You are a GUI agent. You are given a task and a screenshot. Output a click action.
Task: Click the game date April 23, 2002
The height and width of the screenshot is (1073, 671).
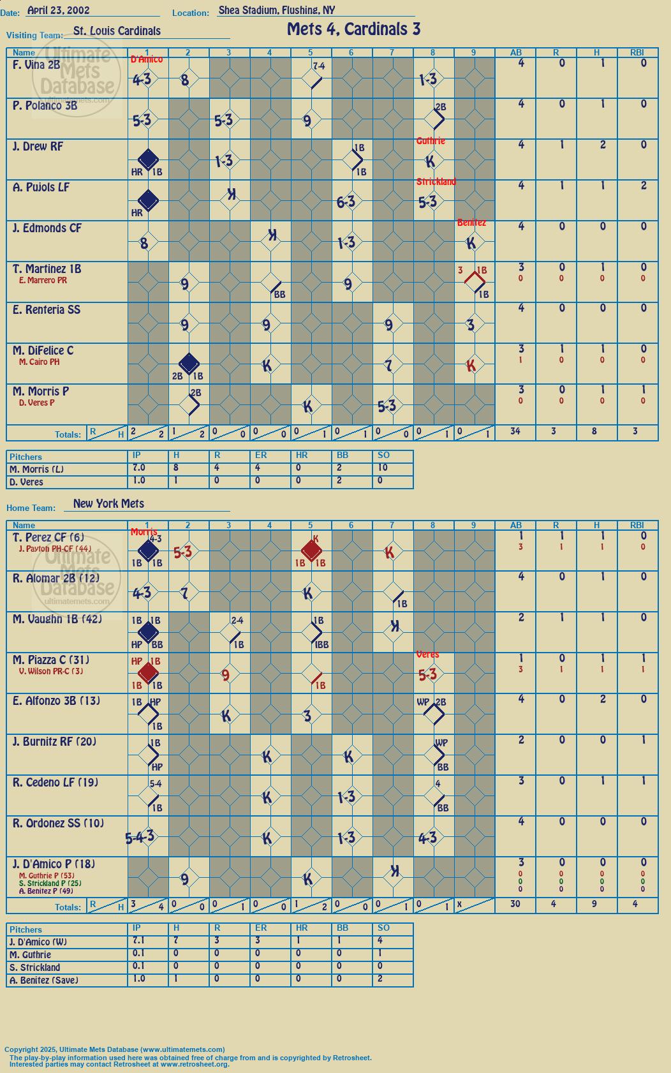click(x=58, y=10)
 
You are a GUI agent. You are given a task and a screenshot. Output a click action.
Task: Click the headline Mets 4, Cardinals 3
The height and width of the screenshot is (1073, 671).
click(x=353, y=29)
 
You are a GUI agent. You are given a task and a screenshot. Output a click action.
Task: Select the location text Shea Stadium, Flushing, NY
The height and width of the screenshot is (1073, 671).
click(x=277, y=10)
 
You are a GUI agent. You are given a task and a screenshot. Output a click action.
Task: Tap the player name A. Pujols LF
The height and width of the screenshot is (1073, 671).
click(x=41, y=188)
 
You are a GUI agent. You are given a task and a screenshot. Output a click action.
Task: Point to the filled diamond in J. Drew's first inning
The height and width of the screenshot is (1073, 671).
click(x=148, y=159)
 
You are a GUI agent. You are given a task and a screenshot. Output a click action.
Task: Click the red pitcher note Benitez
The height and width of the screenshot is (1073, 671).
click(x=471, y=222)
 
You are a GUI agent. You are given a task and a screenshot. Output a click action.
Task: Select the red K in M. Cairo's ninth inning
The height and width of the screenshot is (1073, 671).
click(x=471, y=366)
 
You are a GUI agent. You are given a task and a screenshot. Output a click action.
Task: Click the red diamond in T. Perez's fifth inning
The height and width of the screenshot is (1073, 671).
click(x=311, y=551)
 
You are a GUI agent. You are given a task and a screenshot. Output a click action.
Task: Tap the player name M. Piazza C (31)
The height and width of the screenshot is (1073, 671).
click(x=51, y=660)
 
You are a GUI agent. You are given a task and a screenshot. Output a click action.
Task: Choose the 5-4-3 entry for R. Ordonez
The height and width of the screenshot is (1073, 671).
click(x=140, y=837)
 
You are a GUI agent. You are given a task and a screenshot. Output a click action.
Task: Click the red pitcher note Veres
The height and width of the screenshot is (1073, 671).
click(x=427, y=655)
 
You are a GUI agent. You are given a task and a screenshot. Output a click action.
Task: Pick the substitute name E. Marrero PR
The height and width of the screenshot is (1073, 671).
click(x=43, y=280)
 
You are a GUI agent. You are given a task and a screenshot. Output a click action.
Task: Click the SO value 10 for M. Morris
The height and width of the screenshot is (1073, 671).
click(x=383, y=468)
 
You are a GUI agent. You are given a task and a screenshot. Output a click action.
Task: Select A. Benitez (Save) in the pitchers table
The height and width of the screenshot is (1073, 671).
click(x=41, y=980)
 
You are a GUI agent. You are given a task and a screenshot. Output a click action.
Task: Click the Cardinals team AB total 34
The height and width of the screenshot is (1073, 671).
click(x=515, y=431)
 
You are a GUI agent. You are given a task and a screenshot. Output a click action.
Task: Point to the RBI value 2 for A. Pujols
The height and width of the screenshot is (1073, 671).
click(x=644, y=186)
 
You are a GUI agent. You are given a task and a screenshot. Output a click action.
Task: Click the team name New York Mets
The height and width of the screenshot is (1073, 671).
click(x=108, y=503)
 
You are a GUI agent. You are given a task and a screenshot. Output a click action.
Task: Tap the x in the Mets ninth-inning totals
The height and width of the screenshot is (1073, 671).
click(x=459, y=904)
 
